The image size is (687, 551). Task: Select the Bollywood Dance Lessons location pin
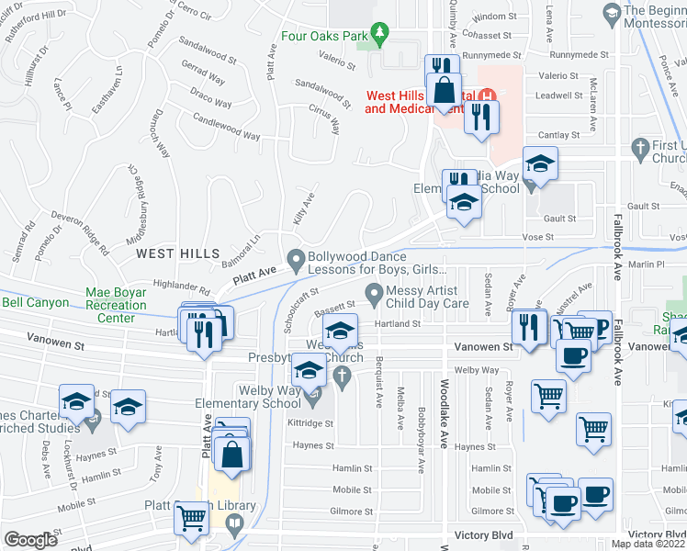pos(296,262)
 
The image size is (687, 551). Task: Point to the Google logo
pos(30,540)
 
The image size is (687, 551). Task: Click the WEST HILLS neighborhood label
pos(178,253)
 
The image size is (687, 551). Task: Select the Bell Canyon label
pos(35,302)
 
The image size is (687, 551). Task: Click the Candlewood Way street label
pos(226,128)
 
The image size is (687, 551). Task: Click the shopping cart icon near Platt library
pos(191,519)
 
